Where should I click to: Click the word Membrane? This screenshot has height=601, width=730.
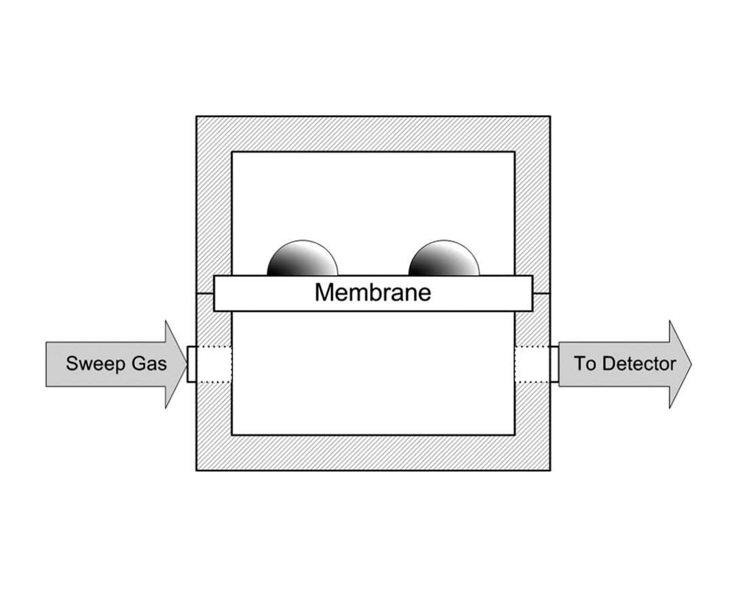372,292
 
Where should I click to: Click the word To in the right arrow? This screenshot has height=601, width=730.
585,364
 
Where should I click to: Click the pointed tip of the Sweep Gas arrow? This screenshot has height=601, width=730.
185,364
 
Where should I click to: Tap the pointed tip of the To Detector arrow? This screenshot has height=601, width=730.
689,364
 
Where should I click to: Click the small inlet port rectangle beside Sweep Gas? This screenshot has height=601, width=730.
191,364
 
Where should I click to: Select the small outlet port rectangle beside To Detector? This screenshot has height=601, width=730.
554,364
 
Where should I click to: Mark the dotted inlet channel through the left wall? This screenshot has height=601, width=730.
214,364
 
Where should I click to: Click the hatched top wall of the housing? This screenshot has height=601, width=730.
372,134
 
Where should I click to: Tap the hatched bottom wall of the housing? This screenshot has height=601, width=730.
372,452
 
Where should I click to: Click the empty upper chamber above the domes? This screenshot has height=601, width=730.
372,193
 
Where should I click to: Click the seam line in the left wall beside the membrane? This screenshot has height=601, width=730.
205,294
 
